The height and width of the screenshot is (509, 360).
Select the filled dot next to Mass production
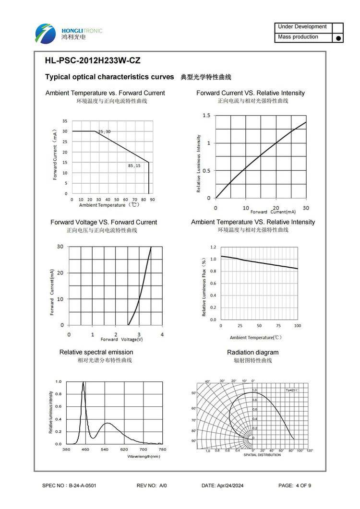coord(338,38)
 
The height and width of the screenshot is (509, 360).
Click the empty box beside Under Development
coord(338,27)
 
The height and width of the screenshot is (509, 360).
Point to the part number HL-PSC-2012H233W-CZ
coord(93,61)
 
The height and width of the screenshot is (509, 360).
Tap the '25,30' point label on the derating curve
coord(104,131)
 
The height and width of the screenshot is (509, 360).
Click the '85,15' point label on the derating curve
coord(134,166)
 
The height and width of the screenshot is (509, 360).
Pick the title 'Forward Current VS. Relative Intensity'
coord(250,93)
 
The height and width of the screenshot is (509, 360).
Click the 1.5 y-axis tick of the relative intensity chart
coord(206,116)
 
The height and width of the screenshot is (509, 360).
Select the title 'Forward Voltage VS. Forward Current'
coord(104,222)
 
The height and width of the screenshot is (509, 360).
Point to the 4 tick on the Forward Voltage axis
coord(162,334)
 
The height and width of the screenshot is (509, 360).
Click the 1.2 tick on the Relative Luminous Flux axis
coord(213,247)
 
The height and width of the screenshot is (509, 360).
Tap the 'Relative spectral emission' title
coord(96,352)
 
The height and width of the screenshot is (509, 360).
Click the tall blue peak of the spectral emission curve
coord(84,384)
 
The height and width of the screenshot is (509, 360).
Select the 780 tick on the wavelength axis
coord(162,450)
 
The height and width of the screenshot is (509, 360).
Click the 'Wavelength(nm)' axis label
coord(144,456)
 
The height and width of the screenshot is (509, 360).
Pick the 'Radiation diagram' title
coord(252,352)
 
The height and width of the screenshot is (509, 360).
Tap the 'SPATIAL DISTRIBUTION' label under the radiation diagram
coord(262,455)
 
